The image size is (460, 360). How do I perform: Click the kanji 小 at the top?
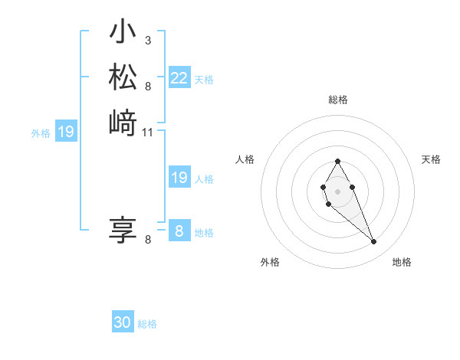(123, 33)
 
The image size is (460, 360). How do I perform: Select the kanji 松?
(123, 77)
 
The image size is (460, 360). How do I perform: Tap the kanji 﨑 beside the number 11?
(123, 123)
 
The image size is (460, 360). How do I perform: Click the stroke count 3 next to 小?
(147, 40)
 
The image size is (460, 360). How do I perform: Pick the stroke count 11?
(148, 133)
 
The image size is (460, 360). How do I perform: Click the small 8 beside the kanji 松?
(147, 86)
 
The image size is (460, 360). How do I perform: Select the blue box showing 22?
(179, 78)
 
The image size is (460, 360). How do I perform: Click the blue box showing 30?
(123, 323)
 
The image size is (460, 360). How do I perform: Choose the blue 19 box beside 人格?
(179, 178)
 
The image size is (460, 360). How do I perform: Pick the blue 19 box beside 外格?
(66, 132)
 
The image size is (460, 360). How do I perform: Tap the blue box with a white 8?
(179, 231)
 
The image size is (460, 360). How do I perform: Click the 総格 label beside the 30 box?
(147, 324)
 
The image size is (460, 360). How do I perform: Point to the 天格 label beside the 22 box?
(204, 80)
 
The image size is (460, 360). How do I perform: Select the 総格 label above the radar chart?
(337, 100)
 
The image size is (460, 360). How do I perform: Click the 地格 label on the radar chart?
(402, 262)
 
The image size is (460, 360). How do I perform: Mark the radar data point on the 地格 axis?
(374, 242)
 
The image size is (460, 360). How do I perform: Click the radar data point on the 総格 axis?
(337, 161)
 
